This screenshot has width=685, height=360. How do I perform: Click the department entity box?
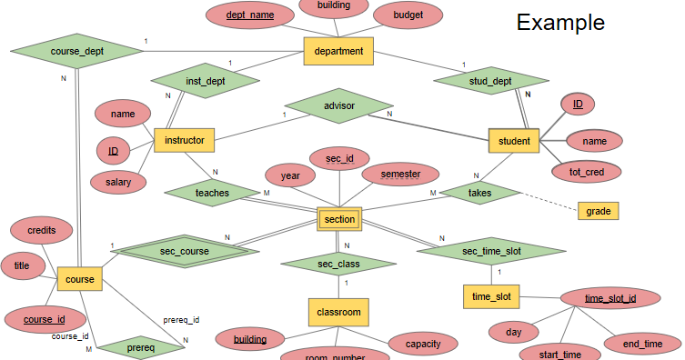[338, 51]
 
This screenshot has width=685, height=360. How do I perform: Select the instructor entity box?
[184, 140]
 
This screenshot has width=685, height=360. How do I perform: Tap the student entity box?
[515, 141]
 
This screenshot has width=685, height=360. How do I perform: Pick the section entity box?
[338, 219]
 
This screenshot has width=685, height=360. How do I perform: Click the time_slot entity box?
[491, 297]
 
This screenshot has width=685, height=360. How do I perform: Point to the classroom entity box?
[338, 312]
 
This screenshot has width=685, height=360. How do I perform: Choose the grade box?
[598, 211]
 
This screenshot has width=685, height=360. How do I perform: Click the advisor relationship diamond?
[338, 106]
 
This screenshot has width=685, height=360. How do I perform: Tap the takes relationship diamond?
[478, 193]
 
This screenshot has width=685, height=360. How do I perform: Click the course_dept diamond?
[76, 52]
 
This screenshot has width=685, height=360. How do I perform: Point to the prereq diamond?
[140, 347]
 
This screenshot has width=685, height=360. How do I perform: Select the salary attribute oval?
[118, 183]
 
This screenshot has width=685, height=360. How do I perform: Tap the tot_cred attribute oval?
[589, 170]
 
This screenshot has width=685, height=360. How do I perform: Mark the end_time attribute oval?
[642, 345]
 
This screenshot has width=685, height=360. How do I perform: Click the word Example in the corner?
[560, 22]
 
